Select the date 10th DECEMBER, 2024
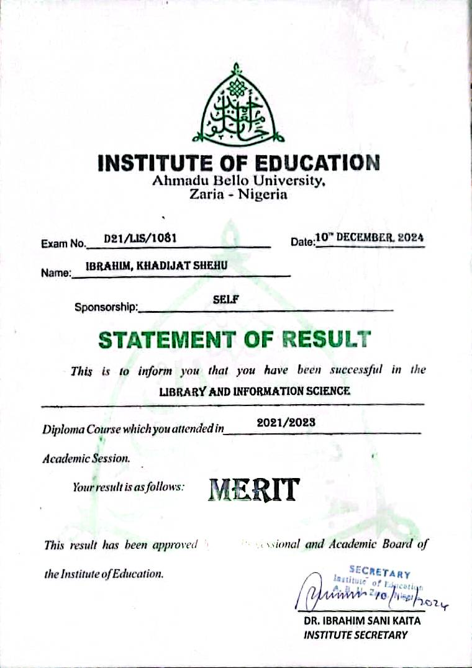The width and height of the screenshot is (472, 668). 370,237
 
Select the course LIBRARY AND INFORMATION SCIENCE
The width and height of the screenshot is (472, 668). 255,391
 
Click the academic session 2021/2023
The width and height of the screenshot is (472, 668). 286,422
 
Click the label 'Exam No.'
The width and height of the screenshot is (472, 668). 63,244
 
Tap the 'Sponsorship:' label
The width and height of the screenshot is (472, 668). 106,307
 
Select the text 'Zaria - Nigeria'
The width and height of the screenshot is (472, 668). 238,194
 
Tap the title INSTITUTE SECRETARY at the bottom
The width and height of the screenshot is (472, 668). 356,634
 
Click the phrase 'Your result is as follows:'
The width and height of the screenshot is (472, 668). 129,487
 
